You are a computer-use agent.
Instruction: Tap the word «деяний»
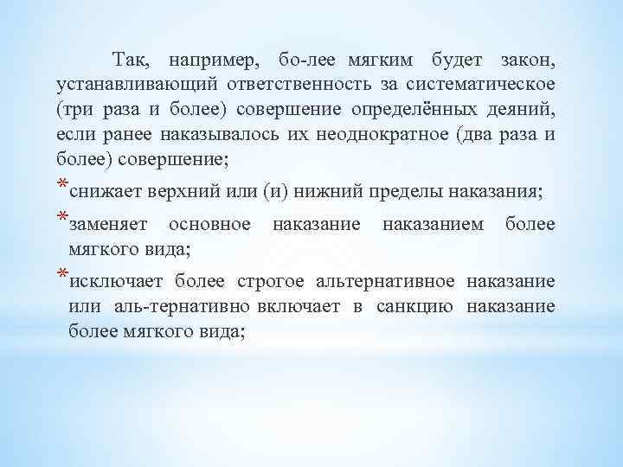click(x=524, y=110)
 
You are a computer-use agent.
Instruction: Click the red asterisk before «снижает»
click(x=61, y=185)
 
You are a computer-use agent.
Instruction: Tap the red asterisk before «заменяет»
click(x=61, y=218)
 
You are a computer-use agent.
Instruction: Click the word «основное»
click(x=209, y=225)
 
